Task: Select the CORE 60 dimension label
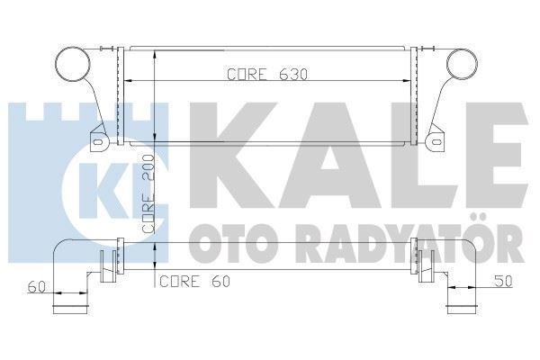point(195,282)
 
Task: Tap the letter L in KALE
point(392,157)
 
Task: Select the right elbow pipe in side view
point(463,270)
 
